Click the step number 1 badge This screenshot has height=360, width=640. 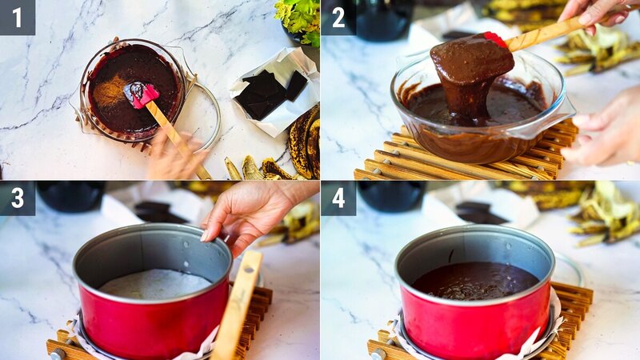17,17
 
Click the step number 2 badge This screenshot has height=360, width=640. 338,17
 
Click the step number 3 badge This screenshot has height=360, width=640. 17,198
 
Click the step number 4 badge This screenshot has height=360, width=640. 338,198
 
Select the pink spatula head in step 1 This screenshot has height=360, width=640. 145,95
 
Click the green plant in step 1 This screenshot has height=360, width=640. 299,18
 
